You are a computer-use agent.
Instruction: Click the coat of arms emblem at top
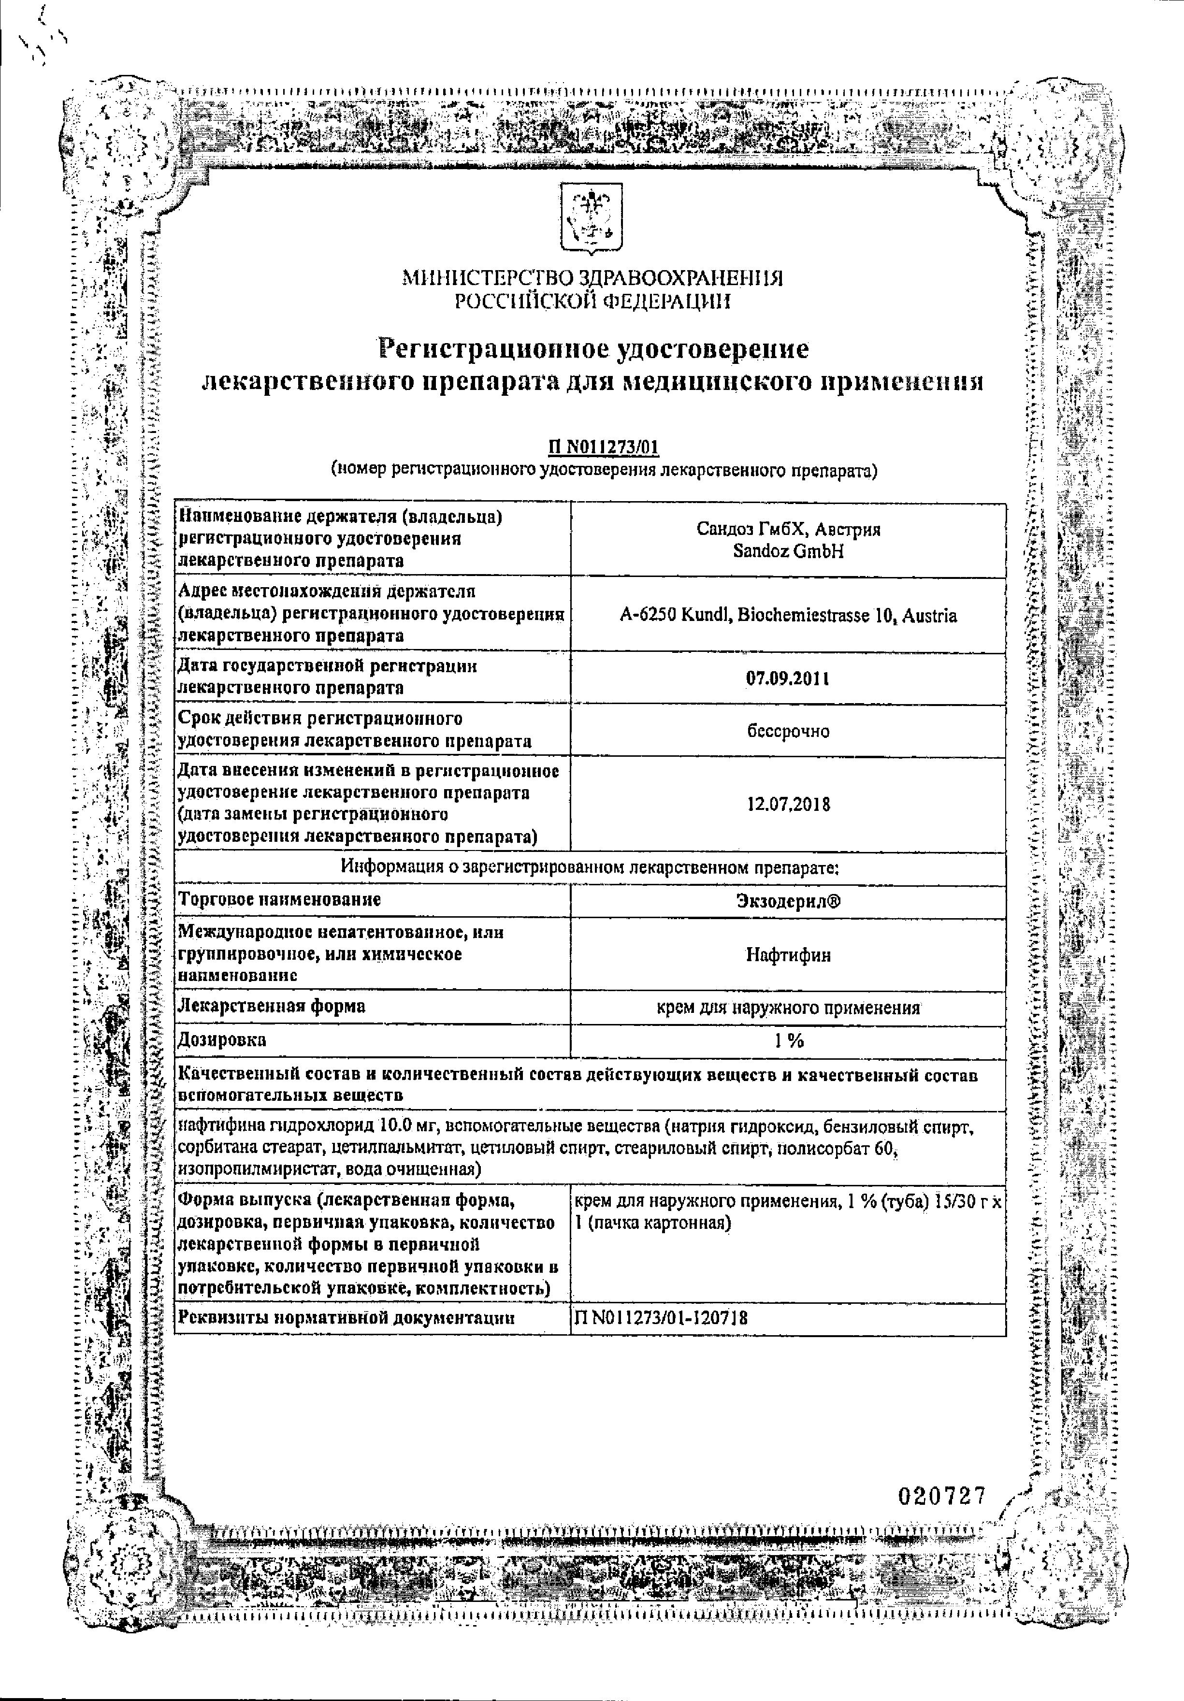pos(591,221)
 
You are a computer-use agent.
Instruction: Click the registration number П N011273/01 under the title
pos(603,447)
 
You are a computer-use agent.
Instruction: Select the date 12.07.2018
pos(788,805)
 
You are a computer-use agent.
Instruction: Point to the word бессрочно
pos(788,731)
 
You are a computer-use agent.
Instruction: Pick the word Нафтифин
pos(788,955)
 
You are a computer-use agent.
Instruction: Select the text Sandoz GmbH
pos(788,552)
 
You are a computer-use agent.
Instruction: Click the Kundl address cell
pos(788,616)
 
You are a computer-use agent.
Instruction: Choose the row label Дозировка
pos(222,1040)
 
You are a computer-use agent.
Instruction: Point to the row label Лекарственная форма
pos(272,1007)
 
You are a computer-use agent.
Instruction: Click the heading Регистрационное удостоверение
pos(593,348)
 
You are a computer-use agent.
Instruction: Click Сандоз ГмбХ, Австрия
pos(788,530)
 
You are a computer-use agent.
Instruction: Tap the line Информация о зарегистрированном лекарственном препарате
pos(590,867)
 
